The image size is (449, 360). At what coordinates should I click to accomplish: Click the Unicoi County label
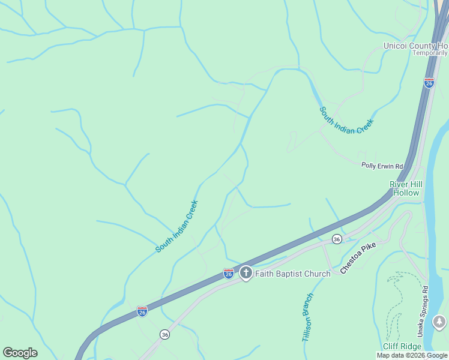click(416, 46)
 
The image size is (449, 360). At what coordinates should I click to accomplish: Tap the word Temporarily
click(430, 53)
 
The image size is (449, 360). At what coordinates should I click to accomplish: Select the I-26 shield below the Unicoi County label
click(429, 83)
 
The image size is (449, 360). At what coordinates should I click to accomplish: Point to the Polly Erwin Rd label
click(382, 166)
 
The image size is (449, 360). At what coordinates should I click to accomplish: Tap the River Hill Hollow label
click(406, 188)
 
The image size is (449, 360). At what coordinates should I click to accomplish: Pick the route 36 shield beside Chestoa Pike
click(337, 239)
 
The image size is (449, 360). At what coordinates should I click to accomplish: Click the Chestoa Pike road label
click(361, 259)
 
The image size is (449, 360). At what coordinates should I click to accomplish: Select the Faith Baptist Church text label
click(293, 274)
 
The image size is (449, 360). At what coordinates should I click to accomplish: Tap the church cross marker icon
click(246, 274)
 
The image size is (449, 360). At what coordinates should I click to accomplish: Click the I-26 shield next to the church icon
click(229, 274)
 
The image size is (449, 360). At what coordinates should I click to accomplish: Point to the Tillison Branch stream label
click(308, 317)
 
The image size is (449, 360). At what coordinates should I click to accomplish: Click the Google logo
click(20, 353)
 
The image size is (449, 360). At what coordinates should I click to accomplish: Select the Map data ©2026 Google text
click(412, 356)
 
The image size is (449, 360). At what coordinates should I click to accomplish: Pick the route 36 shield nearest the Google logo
click(164, 334)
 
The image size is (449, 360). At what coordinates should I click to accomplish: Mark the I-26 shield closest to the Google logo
click(142, 311)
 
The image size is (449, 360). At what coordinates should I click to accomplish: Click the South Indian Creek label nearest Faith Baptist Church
click(176, 226)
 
